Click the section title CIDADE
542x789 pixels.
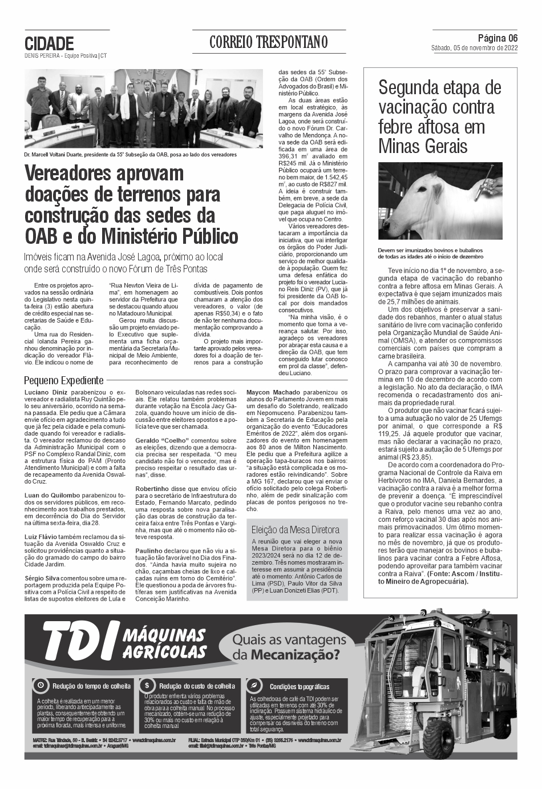[x=50, y=43]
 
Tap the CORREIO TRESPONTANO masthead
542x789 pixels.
[x=269, y=42]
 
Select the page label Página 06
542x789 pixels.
[x=497, y=38]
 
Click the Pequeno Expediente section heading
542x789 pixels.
[x=64, y=380]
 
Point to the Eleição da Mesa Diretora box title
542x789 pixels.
[x=296, y=529]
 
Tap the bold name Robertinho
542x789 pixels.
[x=152, y=489]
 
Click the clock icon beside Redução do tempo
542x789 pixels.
[x=41, y=685]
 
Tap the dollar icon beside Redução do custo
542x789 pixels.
[x=147, y=685]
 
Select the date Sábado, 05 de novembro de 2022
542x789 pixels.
[x=475, y=49]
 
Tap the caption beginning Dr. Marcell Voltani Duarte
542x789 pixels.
[x=130, y=154]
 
